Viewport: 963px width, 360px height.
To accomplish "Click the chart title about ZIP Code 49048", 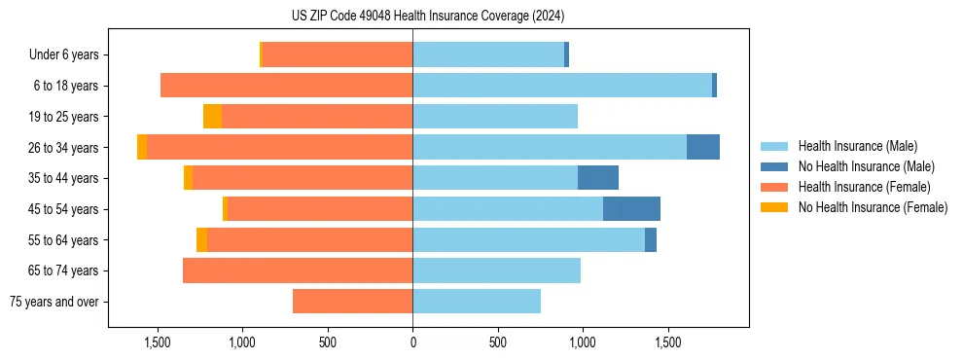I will point(427,17).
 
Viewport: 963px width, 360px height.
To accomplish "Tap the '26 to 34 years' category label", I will point(63,148).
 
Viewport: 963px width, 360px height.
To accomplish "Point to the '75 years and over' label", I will point(54,302).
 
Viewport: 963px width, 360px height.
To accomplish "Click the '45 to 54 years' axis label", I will point(63,209).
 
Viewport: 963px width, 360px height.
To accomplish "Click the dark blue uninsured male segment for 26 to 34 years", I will point(702,147).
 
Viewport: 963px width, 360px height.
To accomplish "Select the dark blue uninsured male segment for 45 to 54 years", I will point(631,208).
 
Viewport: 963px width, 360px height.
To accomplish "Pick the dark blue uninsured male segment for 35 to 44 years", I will point(597,178).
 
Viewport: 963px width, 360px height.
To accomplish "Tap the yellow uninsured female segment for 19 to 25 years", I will point(212,117).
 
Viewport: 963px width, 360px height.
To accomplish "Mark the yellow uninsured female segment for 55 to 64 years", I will point(201,239).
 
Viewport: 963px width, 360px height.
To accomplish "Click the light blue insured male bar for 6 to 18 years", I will point(561,86).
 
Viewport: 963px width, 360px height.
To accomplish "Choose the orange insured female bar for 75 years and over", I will point(352,302).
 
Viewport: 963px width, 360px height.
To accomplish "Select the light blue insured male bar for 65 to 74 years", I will point(496,270).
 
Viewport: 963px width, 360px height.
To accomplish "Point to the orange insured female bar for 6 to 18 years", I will point(286,86).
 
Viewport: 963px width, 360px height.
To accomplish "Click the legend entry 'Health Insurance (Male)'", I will point(857,146).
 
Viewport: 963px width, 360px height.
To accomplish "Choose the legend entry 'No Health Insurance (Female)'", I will point(873,207).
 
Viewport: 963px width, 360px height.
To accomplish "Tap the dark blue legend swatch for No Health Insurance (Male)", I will point(774,166).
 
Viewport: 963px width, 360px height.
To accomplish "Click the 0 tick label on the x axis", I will point(412,342).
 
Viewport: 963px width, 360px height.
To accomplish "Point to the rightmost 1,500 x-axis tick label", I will point(667,342).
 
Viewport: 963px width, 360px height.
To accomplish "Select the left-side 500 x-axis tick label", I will point(328,342).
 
